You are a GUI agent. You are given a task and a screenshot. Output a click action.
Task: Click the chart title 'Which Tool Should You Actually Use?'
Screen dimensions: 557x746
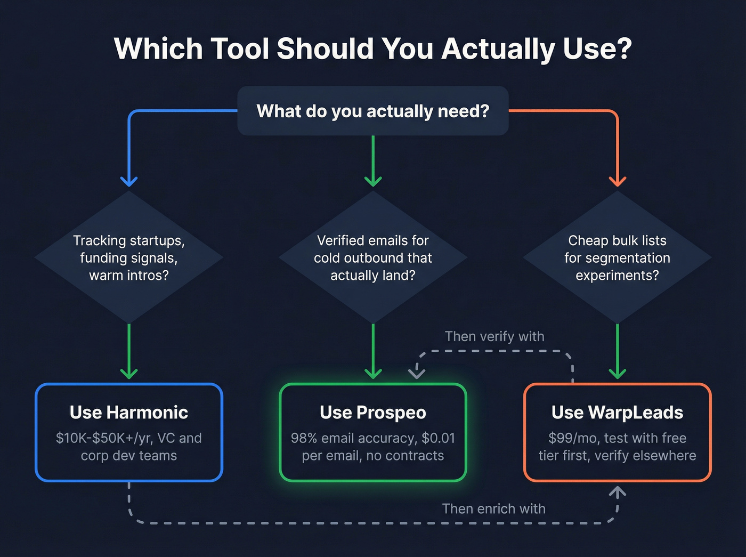click(373, 49)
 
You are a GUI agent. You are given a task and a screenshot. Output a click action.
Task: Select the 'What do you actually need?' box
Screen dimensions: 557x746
click(373, 111)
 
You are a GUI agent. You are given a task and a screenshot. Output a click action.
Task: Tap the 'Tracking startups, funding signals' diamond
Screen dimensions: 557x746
click(129, 257)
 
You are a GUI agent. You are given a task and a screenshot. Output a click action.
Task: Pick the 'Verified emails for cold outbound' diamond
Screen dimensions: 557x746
click(373, 257)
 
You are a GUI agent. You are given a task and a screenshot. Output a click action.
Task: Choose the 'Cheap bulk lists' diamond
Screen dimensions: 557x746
click(617, 257)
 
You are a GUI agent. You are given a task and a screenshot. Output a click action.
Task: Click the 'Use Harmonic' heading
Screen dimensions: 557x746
click(129, 413)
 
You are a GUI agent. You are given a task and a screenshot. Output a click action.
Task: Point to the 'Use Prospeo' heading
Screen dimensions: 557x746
click(373, 413)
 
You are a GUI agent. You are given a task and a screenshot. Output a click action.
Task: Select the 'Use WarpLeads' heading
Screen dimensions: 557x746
click(617, 413)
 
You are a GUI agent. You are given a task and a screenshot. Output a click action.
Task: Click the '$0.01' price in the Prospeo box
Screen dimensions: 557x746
click(438, 438)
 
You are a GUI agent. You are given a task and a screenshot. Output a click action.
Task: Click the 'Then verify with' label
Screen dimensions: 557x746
click(494, 336)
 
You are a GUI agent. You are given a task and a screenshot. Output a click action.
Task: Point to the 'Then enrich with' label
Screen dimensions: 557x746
click(493, 508)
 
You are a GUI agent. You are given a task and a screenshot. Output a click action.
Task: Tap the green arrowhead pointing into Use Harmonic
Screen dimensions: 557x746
click(129, 373)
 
